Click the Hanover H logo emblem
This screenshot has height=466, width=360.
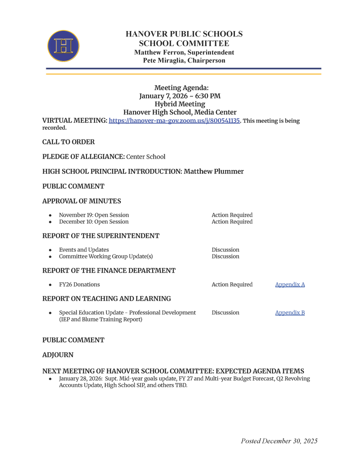pos(63,46)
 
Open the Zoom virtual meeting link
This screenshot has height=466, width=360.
pos(175,121)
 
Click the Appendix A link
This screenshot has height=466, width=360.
pos(290,285)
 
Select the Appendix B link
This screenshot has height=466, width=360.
pos(290,313)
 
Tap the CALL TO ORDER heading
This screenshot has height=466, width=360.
pos(68,142)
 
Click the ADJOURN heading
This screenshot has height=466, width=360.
pos(58,355)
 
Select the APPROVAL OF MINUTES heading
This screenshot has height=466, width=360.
pos(82,201)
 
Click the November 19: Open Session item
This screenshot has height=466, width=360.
pos(94,215)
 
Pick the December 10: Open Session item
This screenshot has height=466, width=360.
pos(94,222)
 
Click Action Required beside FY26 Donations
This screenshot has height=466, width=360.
pos(232,285)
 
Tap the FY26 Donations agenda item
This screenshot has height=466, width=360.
pos(79,285)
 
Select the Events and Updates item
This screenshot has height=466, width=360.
pos(84,250)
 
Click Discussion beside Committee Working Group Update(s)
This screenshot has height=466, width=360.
pos(225,256)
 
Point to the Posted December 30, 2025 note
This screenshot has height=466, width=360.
pos(279,441)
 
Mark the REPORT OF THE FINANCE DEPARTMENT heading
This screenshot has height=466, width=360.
pos(109,271)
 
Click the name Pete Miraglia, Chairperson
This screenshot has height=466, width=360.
pos(184,60)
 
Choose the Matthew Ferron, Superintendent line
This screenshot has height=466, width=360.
pos(184,52)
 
